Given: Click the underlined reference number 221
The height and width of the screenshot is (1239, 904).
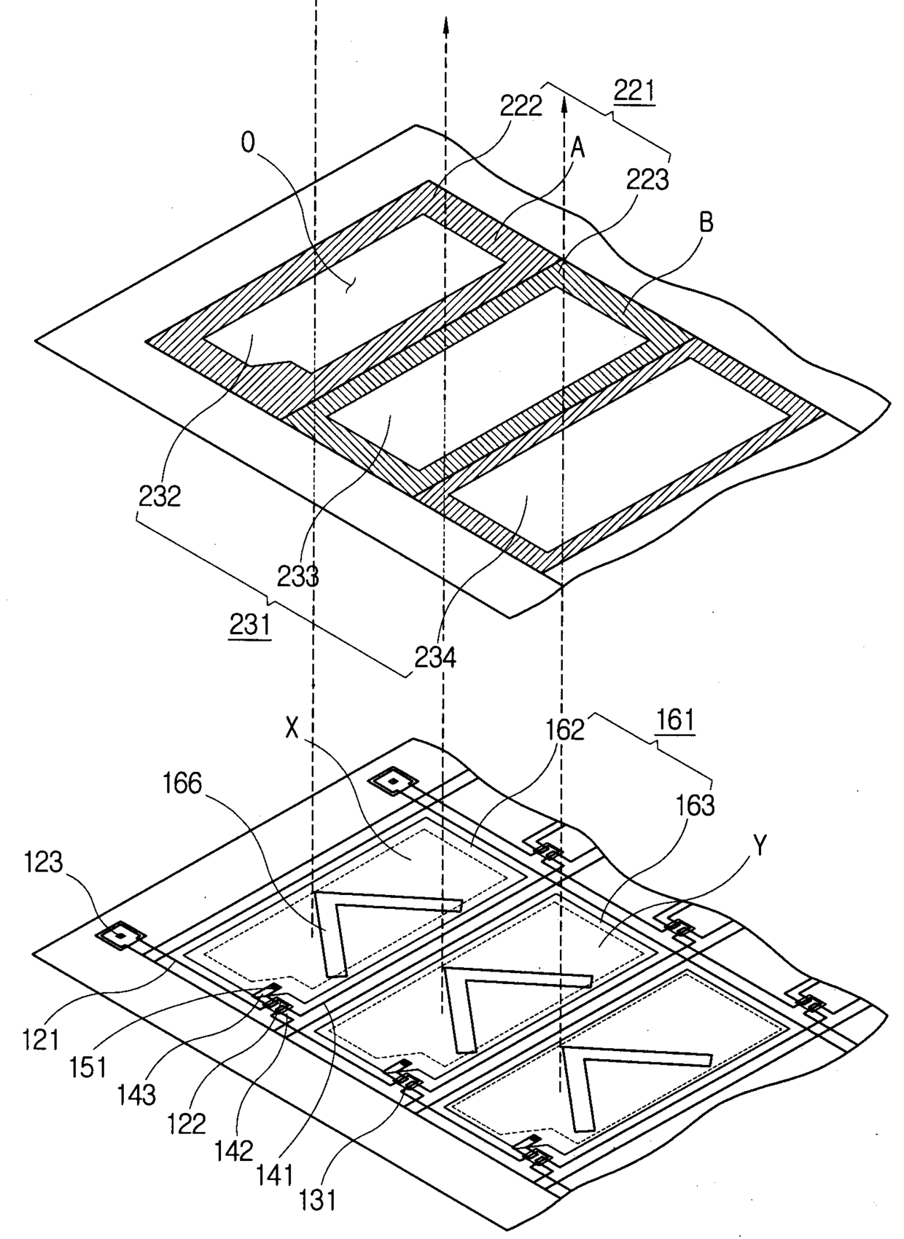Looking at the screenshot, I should pyautogui.click(x=634, y=93).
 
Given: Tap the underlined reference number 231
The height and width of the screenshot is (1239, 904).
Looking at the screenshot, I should pyautogui.click(x=250, y=625).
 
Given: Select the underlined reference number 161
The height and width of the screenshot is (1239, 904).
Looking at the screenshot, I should pyautogui.click(x=674, y=720).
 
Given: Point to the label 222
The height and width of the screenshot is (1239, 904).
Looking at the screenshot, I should pyautogui.click(x=521, y=106).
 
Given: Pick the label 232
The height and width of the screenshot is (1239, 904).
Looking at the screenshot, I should pyautogui.click(x=160, y=496).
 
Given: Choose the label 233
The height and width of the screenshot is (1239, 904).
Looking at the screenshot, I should pyautogui.click(x=297, y=577).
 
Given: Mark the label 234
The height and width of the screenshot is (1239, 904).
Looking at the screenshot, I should pyautogui.click(x=435, y=657).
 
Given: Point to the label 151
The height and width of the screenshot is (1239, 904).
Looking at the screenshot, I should pyautogui.click(x=87, y=1068).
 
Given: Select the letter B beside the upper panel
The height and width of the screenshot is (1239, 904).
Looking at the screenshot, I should pyautogui.click(x=705, y=223).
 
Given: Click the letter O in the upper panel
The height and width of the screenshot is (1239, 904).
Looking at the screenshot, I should pyautogui.click(x=249, y=144).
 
